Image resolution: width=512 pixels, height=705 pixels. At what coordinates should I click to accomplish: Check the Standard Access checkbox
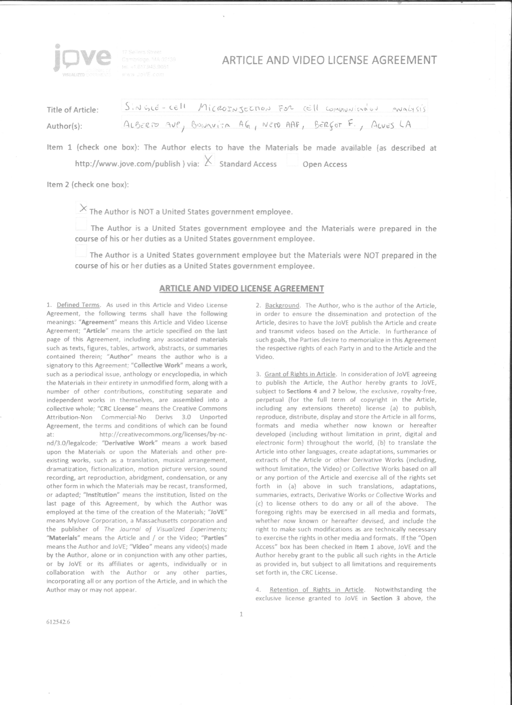pos(209,161)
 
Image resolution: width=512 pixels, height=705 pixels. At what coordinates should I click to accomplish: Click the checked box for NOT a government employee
pos(82,208)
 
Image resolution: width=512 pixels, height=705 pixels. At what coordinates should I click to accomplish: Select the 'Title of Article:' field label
pos(72,110)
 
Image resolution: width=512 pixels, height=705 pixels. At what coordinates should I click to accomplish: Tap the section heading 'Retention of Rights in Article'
pos(316,590)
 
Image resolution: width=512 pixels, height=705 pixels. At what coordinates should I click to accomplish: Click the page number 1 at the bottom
pos(241,614)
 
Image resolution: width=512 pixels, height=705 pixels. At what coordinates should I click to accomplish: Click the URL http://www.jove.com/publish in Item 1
pos(128,164)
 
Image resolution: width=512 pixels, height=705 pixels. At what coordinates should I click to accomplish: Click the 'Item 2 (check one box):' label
pos(88,185)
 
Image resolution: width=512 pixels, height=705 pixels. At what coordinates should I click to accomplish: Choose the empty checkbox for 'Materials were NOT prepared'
pos(81,251)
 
